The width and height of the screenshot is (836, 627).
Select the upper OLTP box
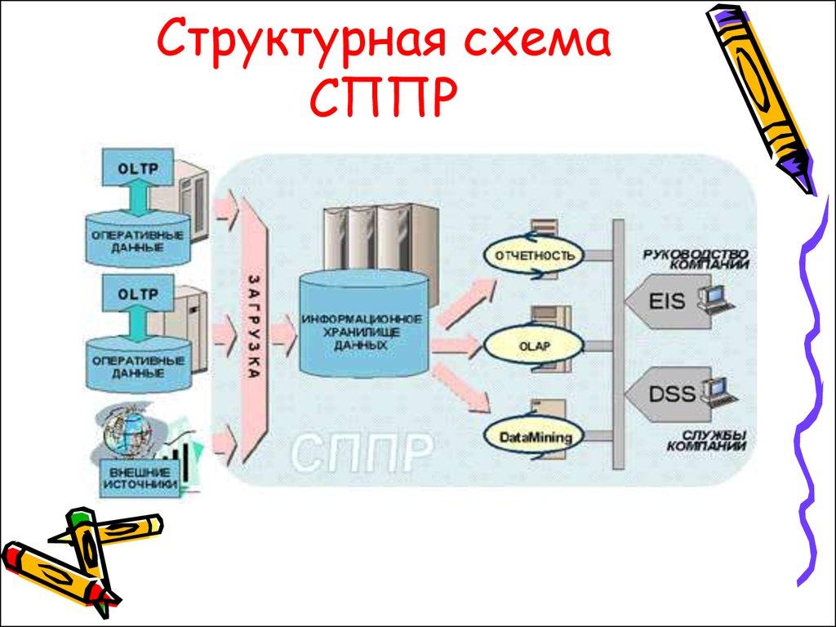[x=137, y=169]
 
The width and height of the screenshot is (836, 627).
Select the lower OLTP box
[x=137, y=292]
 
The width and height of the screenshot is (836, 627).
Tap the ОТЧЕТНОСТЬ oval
[x=535, y=256]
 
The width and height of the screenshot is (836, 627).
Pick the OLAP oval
[x=535, y=346]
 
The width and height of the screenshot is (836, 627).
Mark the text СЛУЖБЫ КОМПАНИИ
[x=705, y=441]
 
